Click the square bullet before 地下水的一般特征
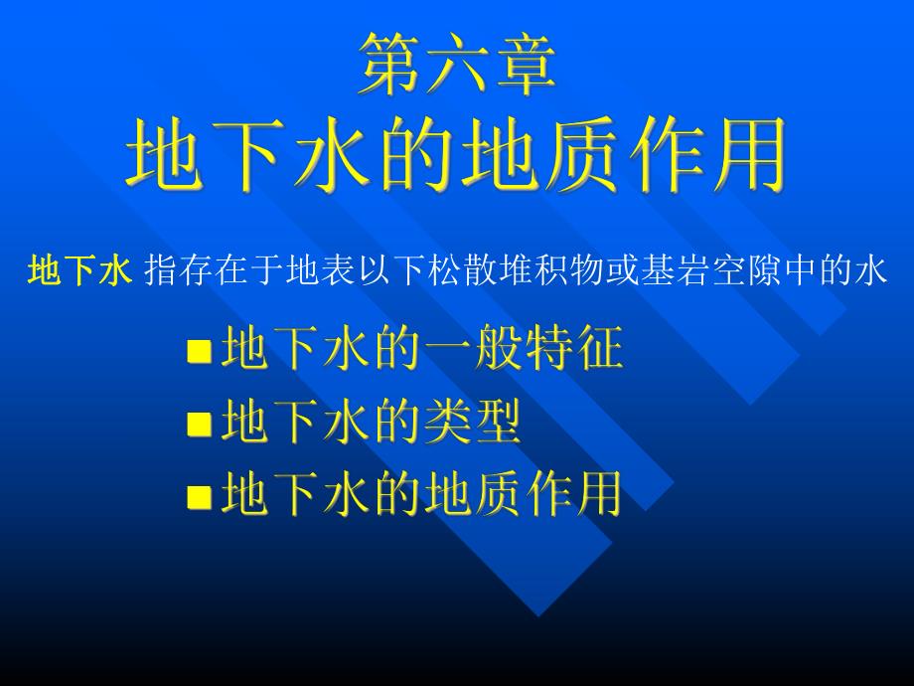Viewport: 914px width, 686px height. pyautogui.click(x=200, y=351)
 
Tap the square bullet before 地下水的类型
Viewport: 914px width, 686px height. pyautogui.click(x=200, y=424)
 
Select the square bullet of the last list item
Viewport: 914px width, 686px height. pyautogui.click(x=200, y=494)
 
